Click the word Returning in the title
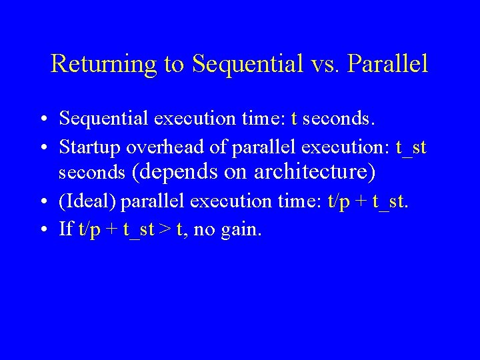[x=103, y=64]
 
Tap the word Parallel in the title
[x=388, y=64]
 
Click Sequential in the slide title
[x=243, y=64]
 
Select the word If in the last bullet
[x=65, y=229]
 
